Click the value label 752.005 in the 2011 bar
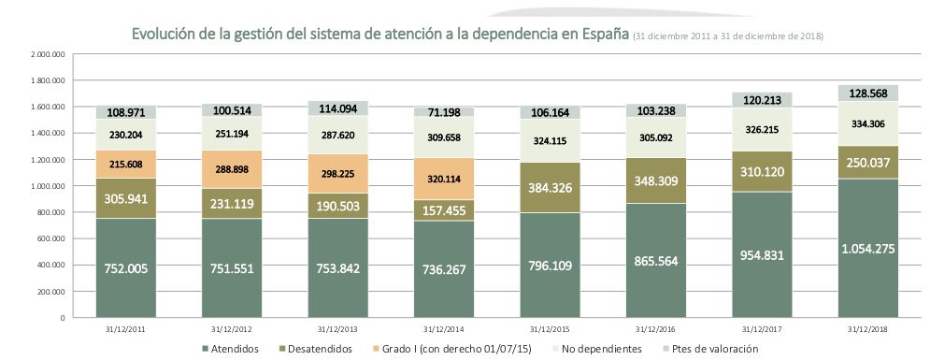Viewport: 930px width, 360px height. point(126,265)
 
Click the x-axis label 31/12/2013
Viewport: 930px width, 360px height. point(338,328)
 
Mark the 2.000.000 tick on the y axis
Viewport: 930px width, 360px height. point(47,54)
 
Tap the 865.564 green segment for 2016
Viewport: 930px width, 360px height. point(657,265)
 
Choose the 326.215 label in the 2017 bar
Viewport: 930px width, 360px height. point(762,130)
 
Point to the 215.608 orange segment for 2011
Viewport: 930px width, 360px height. point(126,163)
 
